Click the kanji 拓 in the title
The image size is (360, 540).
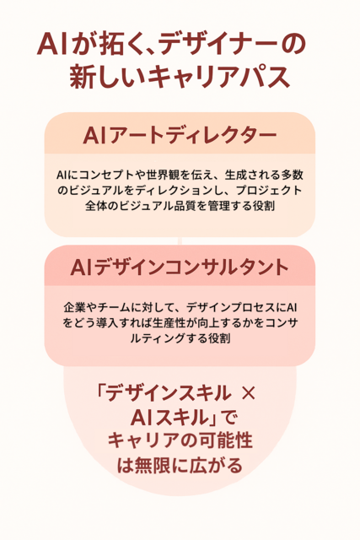110,44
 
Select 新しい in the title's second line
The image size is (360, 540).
107,76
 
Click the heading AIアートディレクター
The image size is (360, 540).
180,135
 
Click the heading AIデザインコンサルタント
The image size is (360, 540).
180,268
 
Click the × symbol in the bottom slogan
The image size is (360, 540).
249,393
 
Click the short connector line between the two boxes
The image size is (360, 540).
180,240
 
